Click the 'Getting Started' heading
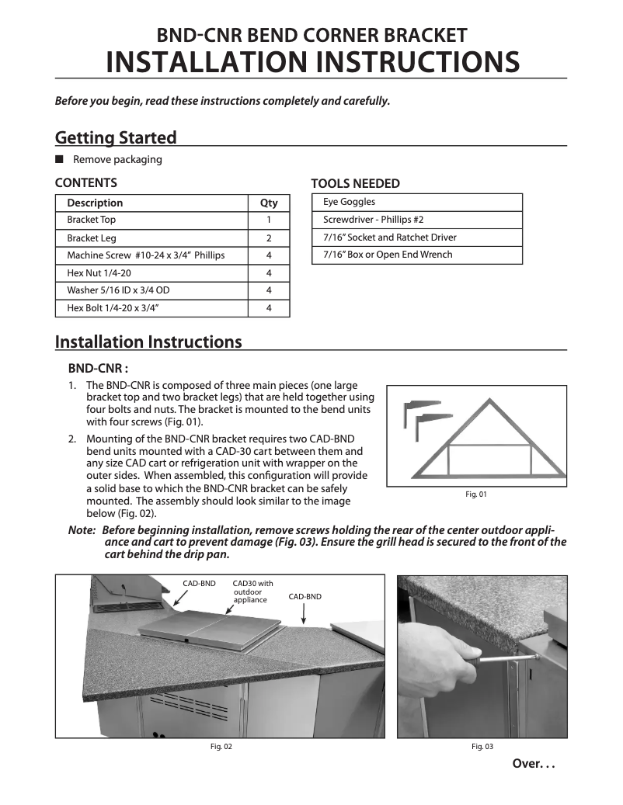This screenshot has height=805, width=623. click(x=116, y=138)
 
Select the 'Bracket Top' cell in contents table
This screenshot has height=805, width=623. click(x=92, y=220)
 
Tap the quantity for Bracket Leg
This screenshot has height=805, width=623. click(x=269, y=238)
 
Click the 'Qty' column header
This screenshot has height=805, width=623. click(x=269, y=203)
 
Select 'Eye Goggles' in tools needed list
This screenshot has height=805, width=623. click(x=343, y=202)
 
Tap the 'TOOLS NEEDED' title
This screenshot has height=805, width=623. click(x=355, y=184)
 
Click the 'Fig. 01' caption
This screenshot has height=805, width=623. click(x=475, y=494)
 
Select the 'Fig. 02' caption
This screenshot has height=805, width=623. click(x=221, y=747)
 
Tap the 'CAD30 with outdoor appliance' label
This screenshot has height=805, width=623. click(x=252, y=592)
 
